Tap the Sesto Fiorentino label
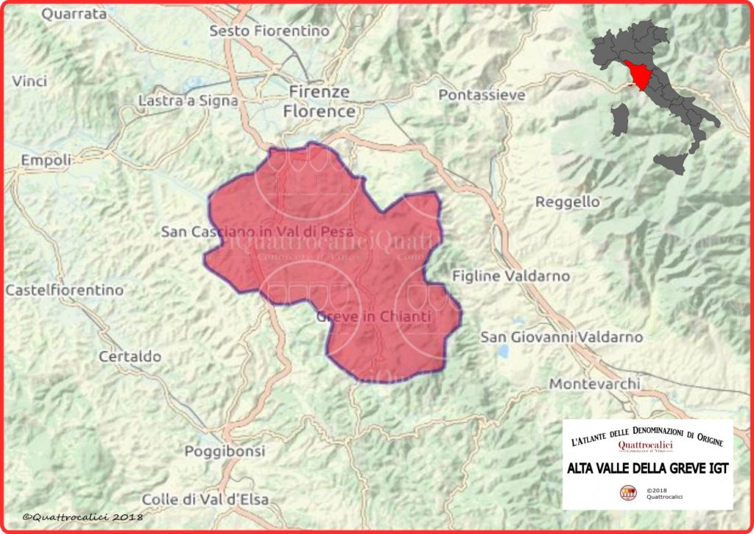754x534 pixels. click(x=269, y=31)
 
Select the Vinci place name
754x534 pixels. click(x=29, y=81)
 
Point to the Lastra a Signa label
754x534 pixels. click(x=188, y=101)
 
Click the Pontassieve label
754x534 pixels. click(x=482, y=95)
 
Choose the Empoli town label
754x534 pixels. click(x=46, y=160)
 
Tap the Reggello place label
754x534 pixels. click(x=568, y=201)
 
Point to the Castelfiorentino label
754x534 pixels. click(x=65, y=290)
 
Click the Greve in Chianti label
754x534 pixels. click(x=373, y=317)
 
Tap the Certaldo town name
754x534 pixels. click(x=130, y=356)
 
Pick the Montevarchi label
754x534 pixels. click(x=595, y=384)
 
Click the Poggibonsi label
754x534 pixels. click(x=219, y=451)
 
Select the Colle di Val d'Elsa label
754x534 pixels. click(x=205, y=499)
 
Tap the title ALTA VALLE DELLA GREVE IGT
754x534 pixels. click(x=647, y=468)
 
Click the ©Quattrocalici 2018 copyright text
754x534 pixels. click(x=82, y=518)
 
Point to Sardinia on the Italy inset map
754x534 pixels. click(x=621, y=119)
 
